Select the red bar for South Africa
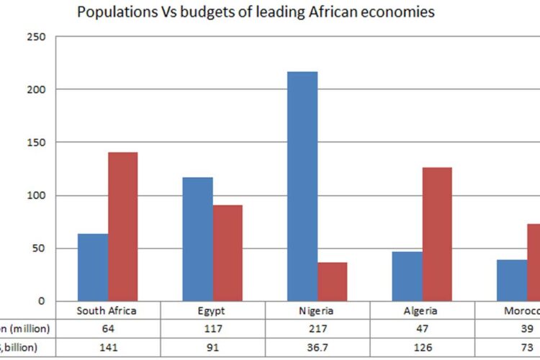[x=122, y=226]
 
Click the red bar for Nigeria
[x=332, y=282]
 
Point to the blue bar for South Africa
[x=93, y=267]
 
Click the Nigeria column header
[x=318, y=311]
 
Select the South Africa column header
[x=107, y=311]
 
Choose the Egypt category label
[x=212, y=311]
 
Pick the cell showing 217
[x=318, y=329]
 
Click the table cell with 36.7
[x=318, y=347]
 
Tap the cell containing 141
[x=107, y=347]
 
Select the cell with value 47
[x=423, y=329]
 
